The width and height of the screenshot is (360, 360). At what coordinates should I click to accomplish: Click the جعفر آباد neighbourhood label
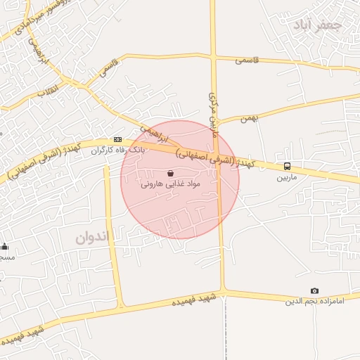coord(319,26)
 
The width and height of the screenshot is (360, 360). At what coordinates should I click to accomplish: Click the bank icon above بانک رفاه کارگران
coord(117,139)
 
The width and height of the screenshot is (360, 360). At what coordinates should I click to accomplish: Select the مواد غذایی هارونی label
coord(171,184)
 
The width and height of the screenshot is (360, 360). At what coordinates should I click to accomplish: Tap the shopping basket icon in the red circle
coord(171,173)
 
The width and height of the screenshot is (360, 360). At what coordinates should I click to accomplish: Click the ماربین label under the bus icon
coord(287,177)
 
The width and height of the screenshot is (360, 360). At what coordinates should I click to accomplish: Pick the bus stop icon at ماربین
coord(287,167)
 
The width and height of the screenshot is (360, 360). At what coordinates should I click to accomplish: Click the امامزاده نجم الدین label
coord(314,302)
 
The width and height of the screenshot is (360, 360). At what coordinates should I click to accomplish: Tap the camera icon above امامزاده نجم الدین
coord(314,291)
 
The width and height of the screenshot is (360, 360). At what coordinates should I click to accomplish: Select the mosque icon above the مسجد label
coord(5,246)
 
